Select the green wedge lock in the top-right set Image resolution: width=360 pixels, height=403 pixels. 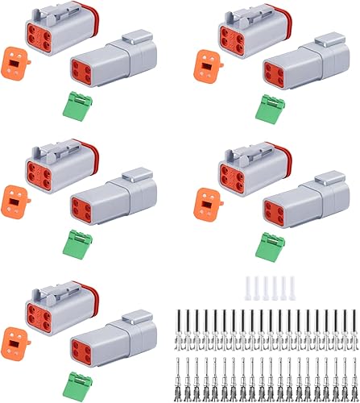pos(265,106)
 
